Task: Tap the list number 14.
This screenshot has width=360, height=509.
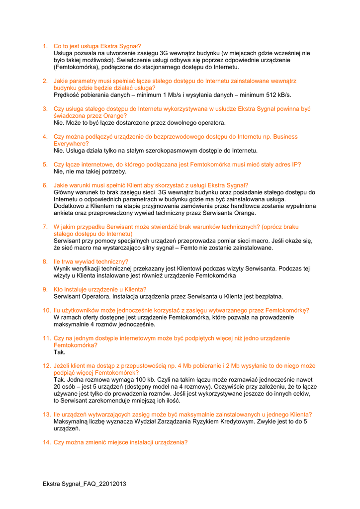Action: [46, 442]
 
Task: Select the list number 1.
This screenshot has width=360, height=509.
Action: [44, 46]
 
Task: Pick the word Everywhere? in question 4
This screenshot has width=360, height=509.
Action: [72, 143]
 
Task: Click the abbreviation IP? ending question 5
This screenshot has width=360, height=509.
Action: [295, 164]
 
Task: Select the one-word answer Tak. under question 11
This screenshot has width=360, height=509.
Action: [60, 352]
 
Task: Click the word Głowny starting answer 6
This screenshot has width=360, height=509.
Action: [66, 192]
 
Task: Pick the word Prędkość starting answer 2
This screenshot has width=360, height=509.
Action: [68, 94]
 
